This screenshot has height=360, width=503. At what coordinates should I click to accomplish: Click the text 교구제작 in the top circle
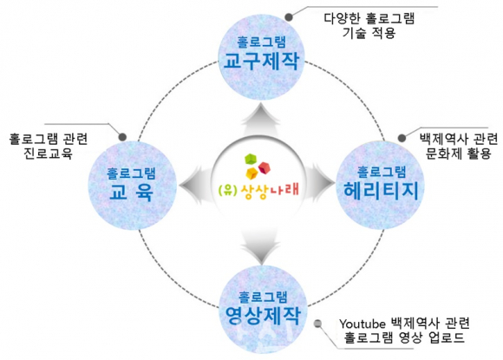point(261,61)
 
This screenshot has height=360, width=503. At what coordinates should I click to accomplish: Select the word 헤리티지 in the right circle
point(381,191)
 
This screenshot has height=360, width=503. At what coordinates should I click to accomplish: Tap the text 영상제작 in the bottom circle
point(263,316)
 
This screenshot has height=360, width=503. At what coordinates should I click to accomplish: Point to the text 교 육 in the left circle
point(131,192)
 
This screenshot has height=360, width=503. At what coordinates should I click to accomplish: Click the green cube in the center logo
point(251,160)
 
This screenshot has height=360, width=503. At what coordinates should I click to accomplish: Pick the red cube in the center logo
point(265,168)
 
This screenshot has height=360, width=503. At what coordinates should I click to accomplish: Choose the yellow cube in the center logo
point(252,173)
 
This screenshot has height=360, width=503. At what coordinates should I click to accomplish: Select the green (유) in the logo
point(228,190)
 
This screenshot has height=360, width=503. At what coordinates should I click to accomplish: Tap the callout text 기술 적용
point(369,33)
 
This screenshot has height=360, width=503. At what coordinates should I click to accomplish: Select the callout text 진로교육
point(48,153)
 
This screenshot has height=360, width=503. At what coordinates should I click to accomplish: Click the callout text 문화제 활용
point(459,153)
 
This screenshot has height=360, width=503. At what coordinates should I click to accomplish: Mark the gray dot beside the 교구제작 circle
point(289,17)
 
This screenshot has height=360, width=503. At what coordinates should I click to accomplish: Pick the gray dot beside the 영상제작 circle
point(318,324)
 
